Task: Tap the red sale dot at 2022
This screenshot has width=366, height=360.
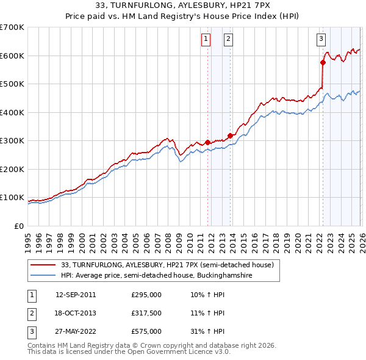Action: tap(323, 62)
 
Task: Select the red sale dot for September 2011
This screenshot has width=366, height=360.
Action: tap(207, 142)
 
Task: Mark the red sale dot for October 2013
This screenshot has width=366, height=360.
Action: tap(230, 135)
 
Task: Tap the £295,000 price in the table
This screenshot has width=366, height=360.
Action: tap(146, 294)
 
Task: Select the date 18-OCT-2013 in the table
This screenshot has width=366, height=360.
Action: tap(76, 313)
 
